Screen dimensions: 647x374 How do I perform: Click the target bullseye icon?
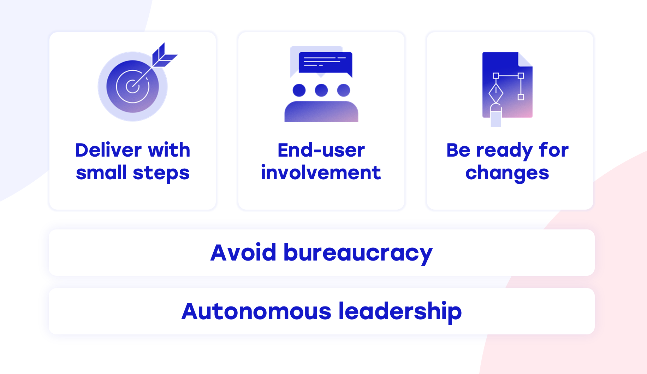132,86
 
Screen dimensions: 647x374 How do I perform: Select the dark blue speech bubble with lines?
325,64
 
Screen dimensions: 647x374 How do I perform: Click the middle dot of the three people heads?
321,90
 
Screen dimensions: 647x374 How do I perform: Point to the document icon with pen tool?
507,89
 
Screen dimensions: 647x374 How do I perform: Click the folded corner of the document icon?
526,59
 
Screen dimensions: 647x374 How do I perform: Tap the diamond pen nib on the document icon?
495,93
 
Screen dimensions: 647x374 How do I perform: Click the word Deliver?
108,150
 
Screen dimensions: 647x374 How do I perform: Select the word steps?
161,174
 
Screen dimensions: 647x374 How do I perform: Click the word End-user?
321,150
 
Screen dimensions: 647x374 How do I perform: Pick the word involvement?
321,173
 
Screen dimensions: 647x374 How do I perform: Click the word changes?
507,174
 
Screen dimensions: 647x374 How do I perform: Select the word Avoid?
243,253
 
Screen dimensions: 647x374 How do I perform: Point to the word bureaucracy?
358,253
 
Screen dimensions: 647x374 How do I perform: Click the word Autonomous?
256,311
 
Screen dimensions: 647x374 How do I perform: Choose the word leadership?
400,311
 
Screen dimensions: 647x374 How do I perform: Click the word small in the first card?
101,173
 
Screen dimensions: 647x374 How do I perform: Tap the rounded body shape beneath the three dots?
321,112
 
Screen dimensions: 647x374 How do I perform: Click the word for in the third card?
554,150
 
